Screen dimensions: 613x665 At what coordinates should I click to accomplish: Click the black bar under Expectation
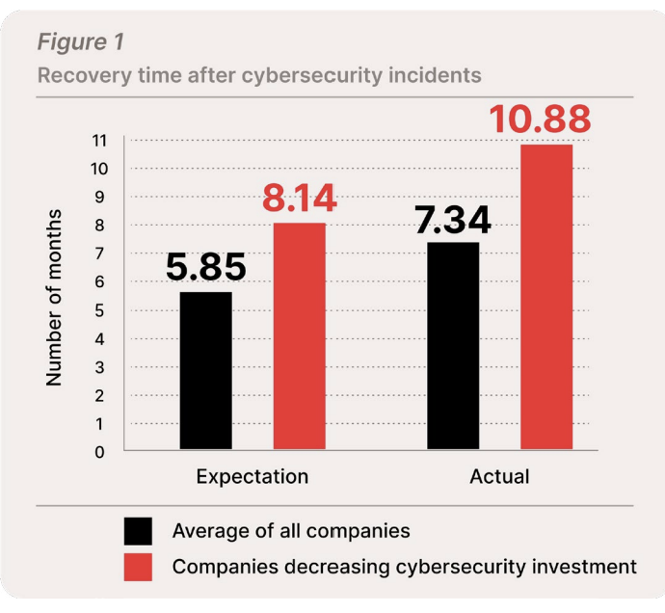click(x=205, y=371)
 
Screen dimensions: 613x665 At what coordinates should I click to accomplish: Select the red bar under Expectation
click(x=299, y=336)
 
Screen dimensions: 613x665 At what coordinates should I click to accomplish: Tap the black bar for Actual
click(x=453, y=346)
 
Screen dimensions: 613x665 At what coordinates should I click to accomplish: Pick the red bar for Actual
click(x=546, y=297)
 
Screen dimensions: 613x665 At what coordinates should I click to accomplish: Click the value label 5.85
click(x=205, y=267)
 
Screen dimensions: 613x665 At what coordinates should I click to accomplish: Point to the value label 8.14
click(x=299, y=199)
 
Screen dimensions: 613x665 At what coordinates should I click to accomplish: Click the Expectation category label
click(x=253, y=477)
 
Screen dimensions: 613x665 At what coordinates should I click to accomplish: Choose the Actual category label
click(x=499, y=477)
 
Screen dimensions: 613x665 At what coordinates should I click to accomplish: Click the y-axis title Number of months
click(x=55, y=297)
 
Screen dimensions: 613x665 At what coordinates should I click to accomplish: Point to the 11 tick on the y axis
click(x=101, y=141)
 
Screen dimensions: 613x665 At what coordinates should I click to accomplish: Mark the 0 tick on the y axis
click(x=101, y=451)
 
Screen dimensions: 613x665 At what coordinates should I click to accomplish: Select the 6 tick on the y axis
click(x=101, y=281)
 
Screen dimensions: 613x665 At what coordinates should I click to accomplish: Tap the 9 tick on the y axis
click(x=101, y=197)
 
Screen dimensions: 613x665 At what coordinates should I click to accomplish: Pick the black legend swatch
click(x=138, y=531)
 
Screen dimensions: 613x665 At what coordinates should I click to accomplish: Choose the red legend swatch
click(x=138, y=567)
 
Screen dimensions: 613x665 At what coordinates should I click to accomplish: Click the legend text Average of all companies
click(x=291, y=531)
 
